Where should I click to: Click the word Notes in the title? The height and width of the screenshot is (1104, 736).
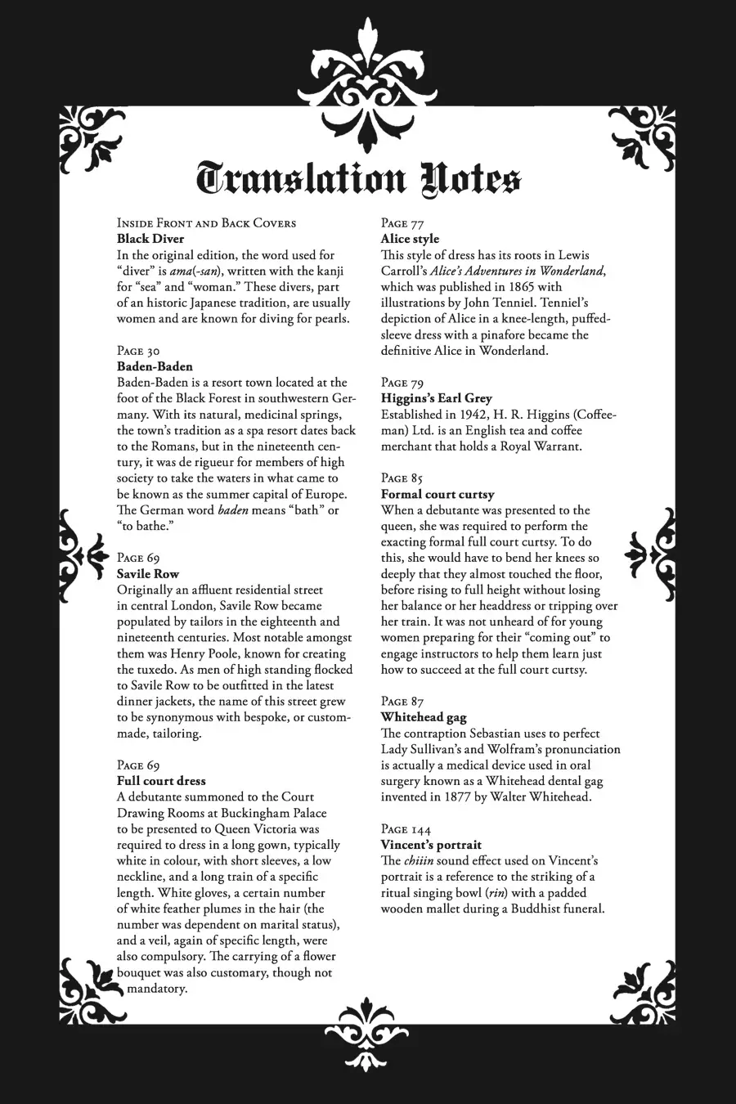pos(469,179)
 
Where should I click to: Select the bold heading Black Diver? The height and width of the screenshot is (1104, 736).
pos(150,239)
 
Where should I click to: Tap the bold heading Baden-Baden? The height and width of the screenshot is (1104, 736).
pos(155,366)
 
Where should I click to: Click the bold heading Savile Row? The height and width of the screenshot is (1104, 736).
pos(148,574)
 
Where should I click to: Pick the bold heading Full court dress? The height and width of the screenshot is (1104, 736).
pos(161,781)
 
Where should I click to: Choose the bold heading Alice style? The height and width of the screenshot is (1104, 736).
pos(410,239)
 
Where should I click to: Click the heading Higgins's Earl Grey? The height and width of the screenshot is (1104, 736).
pos(437,398)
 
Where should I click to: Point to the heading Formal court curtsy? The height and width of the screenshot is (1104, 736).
pos(438,494)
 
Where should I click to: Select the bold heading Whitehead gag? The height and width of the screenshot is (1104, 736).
pos(424,717)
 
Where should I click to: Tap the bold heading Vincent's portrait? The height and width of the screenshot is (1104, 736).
pos(431,845)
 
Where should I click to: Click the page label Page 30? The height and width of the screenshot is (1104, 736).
pos(138,351)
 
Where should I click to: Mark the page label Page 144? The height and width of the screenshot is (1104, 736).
pos(406,828)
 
